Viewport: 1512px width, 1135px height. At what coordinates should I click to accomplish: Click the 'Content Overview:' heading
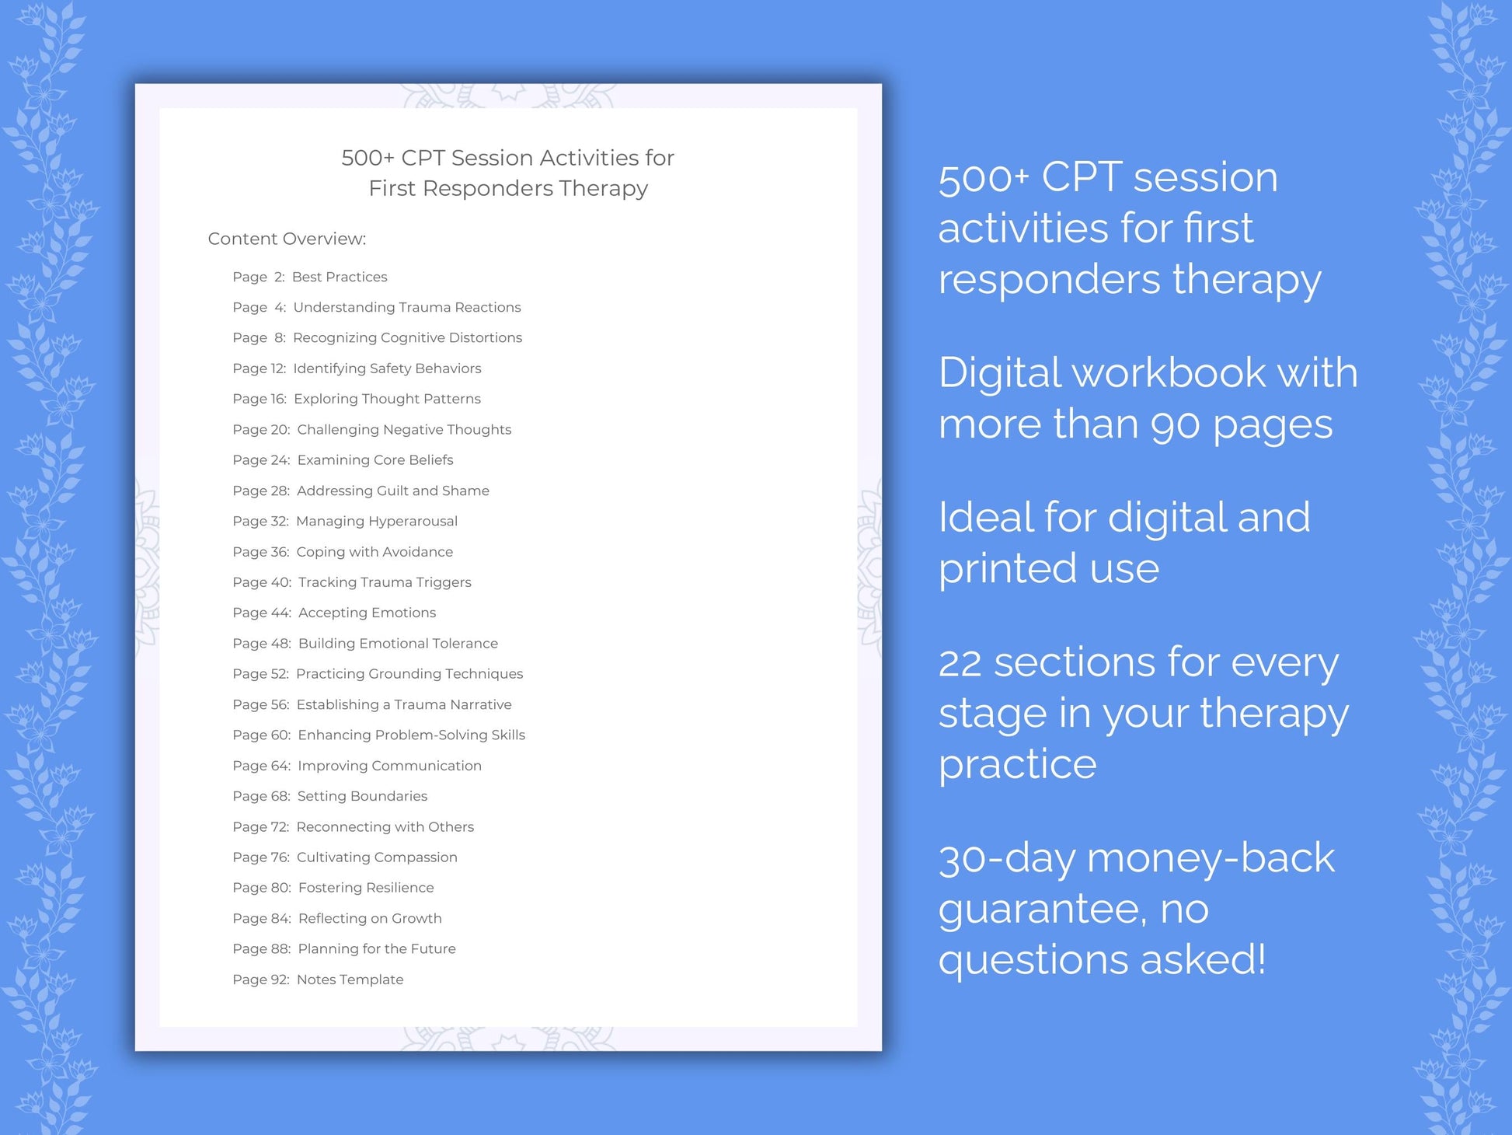287,239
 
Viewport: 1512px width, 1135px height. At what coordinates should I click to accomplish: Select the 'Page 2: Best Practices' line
309,277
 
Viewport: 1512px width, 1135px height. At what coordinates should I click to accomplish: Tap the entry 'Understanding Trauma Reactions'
406,307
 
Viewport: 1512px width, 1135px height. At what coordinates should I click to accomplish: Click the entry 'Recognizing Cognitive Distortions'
407,337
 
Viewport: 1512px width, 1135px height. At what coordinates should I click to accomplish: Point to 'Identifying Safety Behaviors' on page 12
387,368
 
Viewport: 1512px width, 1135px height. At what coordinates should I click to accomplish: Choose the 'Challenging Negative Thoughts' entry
404,429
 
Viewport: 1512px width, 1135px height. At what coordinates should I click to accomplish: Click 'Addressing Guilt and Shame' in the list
392,491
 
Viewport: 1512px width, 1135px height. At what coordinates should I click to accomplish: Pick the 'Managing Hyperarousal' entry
376,521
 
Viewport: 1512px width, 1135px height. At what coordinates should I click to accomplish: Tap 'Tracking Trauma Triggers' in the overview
385,582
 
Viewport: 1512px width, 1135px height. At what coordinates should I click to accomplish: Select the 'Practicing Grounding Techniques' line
409,674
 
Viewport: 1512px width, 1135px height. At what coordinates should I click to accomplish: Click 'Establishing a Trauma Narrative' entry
404,704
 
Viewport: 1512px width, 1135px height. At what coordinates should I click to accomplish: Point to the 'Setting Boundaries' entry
362,796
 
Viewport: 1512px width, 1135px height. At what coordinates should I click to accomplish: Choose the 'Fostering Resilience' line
366,888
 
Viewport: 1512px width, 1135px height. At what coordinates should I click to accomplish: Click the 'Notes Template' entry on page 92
350,980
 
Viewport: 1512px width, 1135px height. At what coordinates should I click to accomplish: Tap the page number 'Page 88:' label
261,949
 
